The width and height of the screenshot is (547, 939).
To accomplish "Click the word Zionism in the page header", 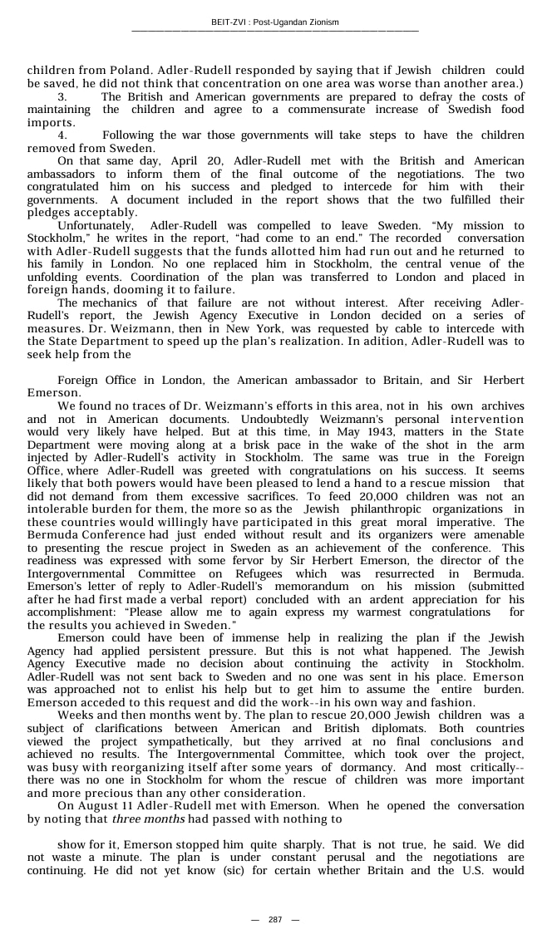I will (323, 22).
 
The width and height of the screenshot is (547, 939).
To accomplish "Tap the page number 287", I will (275, 919).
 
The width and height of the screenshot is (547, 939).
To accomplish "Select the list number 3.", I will (62, 97).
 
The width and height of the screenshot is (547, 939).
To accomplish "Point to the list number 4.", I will (62, 135).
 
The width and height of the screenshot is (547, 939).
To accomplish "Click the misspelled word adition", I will (388, 341).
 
